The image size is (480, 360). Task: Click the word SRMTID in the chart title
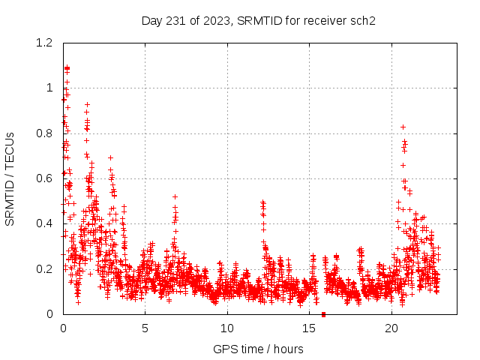(x=259, y=20)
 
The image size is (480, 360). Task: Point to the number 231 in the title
(x=175, y=20)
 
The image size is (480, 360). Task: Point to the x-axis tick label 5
(x=145, y=328)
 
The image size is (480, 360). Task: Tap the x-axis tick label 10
(x=227, y=328)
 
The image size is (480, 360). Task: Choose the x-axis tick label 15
(x=309, y=328)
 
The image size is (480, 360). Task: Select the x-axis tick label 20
(x=391, y=328)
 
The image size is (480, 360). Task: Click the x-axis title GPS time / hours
(x=258, y=349)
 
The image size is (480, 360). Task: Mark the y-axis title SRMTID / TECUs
(x=10, y=178)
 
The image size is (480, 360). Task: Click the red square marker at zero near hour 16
(x=323, y=313)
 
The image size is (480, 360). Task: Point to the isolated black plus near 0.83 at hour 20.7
(x=403, y=127)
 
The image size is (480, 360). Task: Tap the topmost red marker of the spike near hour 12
(x=262, y=202)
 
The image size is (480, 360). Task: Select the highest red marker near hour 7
(x=175, y=196)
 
